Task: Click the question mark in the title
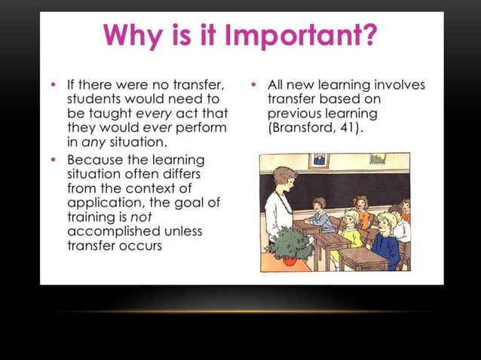369,35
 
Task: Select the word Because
93,160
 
